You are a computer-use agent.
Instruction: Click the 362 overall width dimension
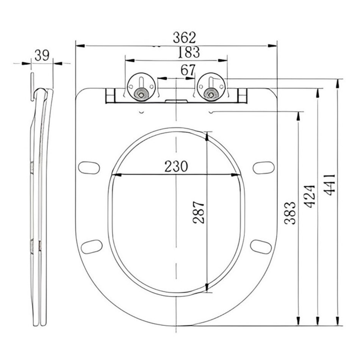point(185,38)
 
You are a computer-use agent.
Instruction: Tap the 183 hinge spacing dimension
point(189,52)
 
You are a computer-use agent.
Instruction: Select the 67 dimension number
point(188,70)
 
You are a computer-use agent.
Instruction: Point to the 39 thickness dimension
point(42,55)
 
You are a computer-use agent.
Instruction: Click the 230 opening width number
point(176,166)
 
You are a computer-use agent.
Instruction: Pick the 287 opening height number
point(199,212)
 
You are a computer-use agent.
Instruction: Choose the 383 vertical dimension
point(290,213)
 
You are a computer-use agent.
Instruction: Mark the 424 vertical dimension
point(309,196)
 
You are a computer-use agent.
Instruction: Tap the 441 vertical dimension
point(329,185)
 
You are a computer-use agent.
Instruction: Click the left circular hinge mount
point(141,87)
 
